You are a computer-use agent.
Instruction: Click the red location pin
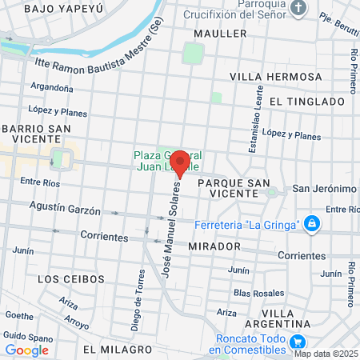(180, 162)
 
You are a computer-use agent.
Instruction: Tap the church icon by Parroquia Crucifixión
(298, 10)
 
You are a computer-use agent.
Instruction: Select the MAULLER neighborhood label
(220, 34)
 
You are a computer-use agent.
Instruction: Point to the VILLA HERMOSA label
(274, 76)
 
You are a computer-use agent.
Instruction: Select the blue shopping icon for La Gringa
(313, 223)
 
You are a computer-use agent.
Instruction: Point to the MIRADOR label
(214, 246)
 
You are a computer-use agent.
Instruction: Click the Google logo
(27, 350)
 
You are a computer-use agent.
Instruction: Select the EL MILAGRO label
(117, 350)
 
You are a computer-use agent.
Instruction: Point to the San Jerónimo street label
(323, 189)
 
